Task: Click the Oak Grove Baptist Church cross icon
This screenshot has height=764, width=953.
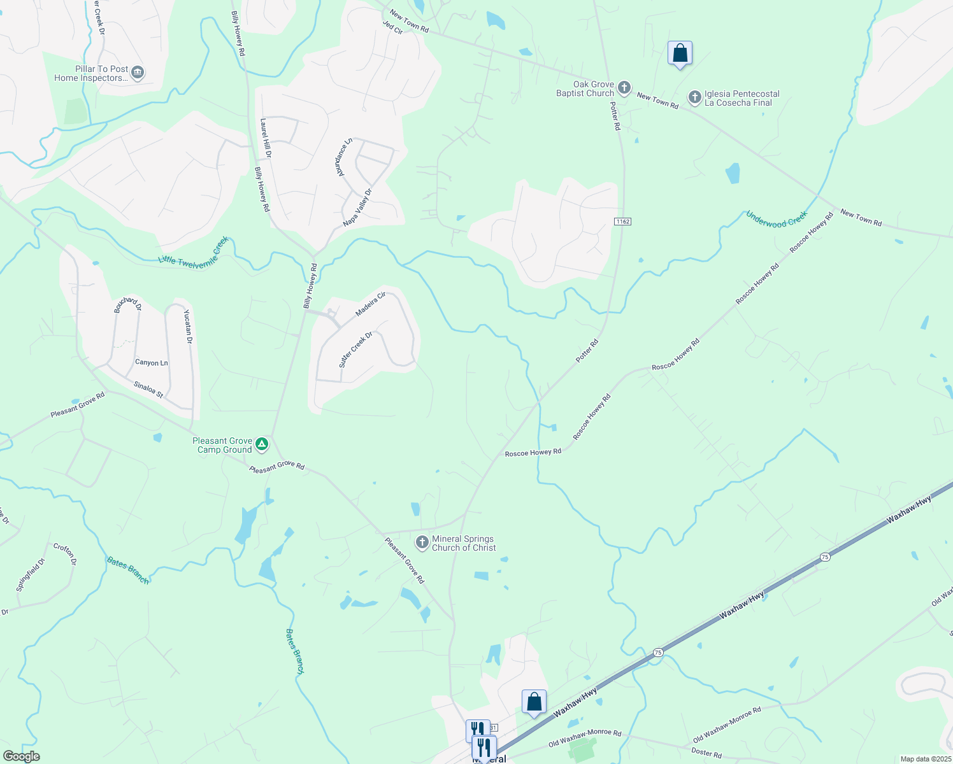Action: click(x=625, y=88)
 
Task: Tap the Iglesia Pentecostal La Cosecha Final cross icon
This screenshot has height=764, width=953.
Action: click(x=694, y=97)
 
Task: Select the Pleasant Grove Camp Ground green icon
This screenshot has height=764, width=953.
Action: click(x=262, y=445)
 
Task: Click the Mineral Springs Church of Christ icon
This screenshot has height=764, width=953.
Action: click(x=422, y=542)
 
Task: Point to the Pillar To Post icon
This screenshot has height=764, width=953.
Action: click(x=137, y=73)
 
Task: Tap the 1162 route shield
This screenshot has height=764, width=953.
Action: click(x=622, y=222)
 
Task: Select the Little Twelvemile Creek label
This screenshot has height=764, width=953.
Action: click(x=193, y=253)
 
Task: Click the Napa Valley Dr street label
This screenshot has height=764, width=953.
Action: click(x=357, y=208)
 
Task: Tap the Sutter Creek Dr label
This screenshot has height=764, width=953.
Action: click(x=355, y=350)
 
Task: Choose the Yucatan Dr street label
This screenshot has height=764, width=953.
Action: click(x=188, y=326)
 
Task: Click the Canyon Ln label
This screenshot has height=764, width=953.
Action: click(x=152, y=363)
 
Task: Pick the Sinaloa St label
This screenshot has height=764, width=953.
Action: click(x=148, y=390)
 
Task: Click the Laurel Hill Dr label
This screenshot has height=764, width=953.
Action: click(x=266, y=138)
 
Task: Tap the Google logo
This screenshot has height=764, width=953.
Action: click(x=21, y=756)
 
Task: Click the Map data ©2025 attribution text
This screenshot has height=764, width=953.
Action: click(x=925, y=759)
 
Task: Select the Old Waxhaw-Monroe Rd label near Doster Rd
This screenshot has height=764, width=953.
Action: click(x=727, y=725)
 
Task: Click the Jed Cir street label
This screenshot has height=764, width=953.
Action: click(x=392, y=27)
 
